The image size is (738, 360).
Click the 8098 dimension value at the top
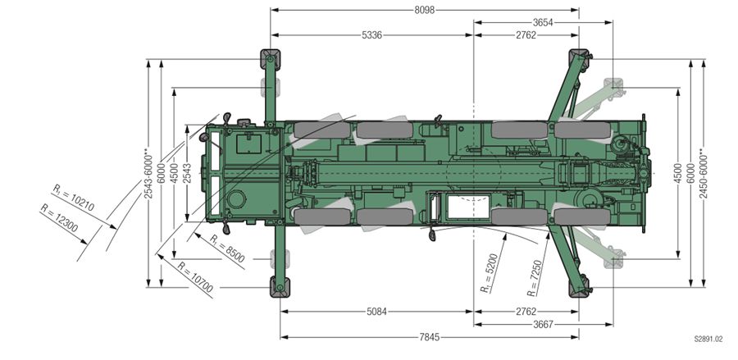(424, 10)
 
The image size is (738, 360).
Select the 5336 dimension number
(371, 35)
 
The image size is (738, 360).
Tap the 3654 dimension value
(543, 22)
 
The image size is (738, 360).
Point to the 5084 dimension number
(376, 312)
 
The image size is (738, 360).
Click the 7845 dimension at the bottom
(429, 337)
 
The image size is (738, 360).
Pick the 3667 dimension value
(543, 324)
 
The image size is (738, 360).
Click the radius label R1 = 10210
(74, 198)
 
